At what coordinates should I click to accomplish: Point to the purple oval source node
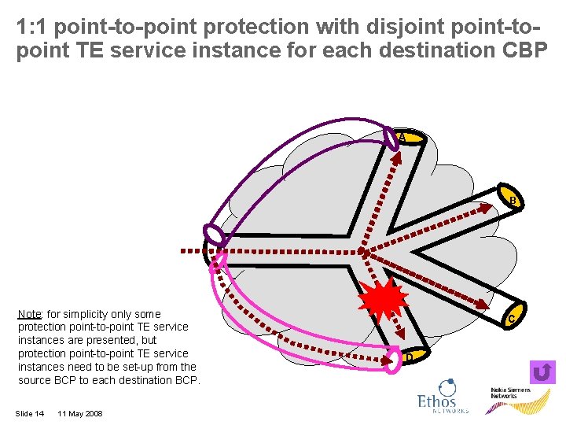(x=214, y=234)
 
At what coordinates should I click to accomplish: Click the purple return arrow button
(x=543, y=372)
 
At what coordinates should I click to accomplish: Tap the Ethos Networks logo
(x=443, y=397)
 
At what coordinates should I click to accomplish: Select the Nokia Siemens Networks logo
(x=510, y=394)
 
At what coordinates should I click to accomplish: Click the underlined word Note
(x=29, y=314)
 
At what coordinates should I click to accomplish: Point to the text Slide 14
(x=30, y=414)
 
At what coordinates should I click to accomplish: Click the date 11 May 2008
(x=80, y=414)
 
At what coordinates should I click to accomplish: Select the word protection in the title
(x=252, y=26)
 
